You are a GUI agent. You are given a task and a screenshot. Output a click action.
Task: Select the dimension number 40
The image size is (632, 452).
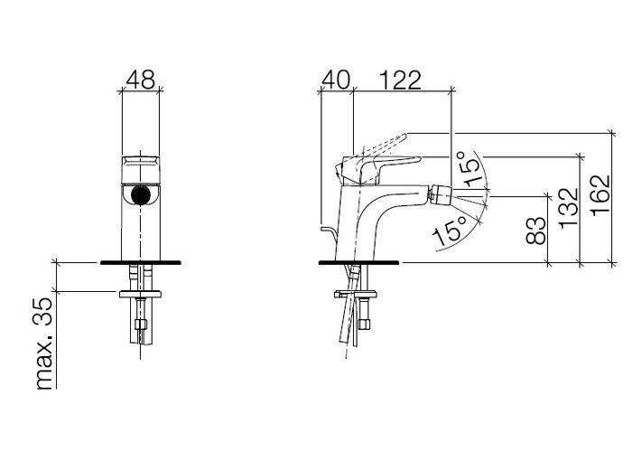coord(336,80)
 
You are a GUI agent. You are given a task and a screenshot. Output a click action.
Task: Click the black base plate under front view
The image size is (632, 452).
coord(140,262)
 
